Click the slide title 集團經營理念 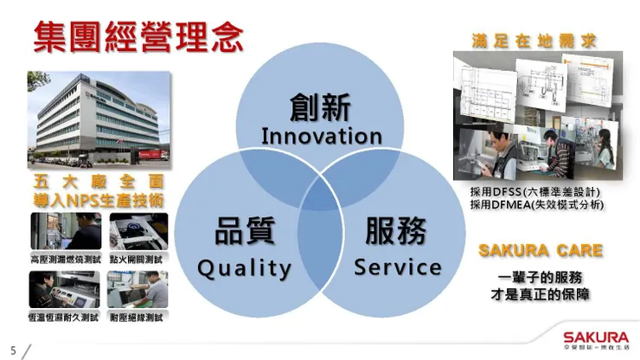(x=138, y=36)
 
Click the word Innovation (x=321, y=137)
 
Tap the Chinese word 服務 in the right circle (x=397, y=232)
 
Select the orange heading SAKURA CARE (x=541, y=251)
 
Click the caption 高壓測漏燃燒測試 (x=64, y=259)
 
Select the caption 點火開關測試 (x=138, y=259)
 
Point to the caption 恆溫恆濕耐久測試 (x=64, y=317)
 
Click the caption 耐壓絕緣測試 (x=138, y=317)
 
